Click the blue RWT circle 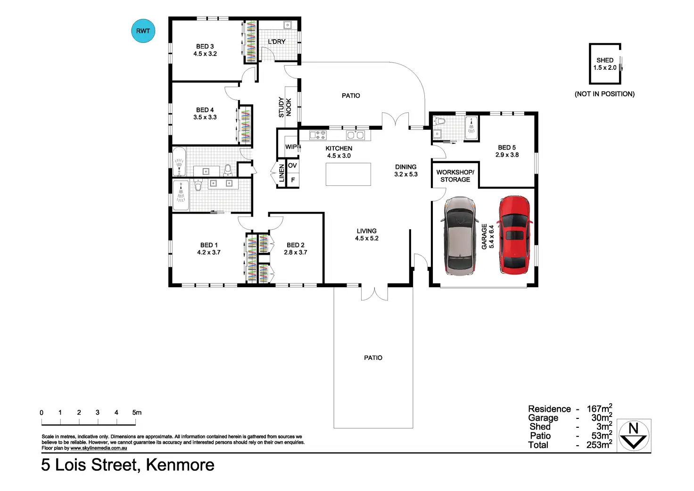tap(143, 31)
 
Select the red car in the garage tap(515, 234)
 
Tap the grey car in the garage tap(460, 236)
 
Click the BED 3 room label tap(205, 50)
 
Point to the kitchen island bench tap(348, 174)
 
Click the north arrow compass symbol tap(634, 435)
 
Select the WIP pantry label tap(291, 147)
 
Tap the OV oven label tap(292, 166)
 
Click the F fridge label tap(293, 180)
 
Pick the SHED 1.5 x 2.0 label tap(605, 64)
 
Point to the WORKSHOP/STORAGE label tap(455, 176)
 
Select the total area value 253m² tap(599, 444)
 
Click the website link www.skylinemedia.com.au tap(99, 448)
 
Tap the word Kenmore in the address tap(180, 465)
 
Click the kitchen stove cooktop tap(318, 135)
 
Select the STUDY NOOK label tap(285, 107)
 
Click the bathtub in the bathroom tap(179, 162)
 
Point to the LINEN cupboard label tap(281, 173)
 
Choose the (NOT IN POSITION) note tap(604, 94)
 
